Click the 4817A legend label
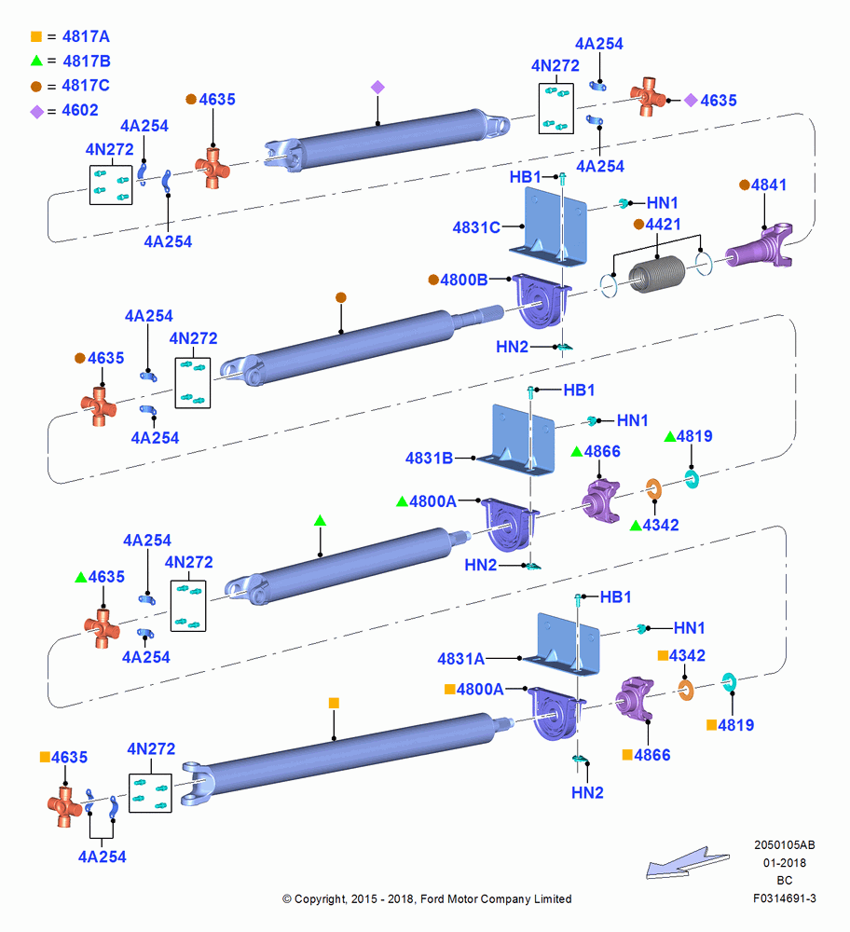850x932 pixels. coord(86,37)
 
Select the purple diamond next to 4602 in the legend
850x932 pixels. coord(37,111)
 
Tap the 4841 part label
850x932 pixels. coord(769,185)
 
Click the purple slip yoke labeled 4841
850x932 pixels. coord(761,246)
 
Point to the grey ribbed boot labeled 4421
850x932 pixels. coord(656,274)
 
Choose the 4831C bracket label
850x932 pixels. coord(476,227)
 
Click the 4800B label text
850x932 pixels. coord(463,280)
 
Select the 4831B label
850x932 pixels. coord(429,459)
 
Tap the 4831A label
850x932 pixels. coord(460,659)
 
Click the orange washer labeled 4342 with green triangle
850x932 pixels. coord(654,489)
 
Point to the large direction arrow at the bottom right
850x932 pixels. coord(688,863)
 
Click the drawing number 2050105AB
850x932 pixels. coord(785,844)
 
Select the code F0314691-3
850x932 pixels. coord(785,898)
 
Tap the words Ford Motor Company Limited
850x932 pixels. coord(496,898)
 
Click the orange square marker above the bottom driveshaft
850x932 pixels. coord(334,703)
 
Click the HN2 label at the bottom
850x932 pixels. coord(587,793)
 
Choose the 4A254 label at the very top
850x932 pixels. coord(599,44)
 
